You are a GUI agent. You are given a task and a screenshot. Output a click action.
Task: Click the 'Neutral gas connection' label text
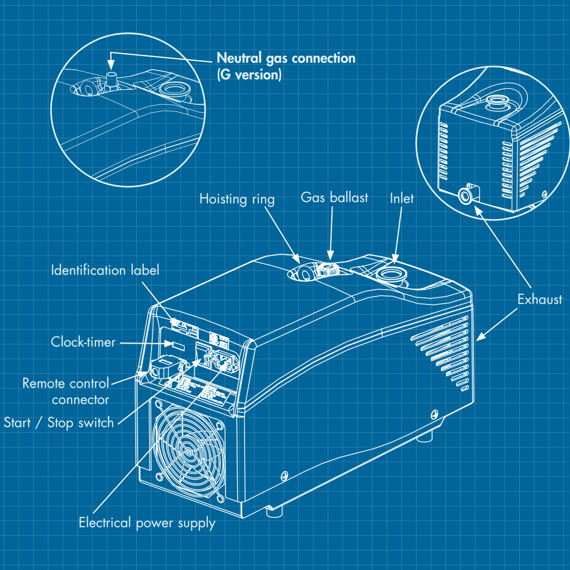click(x=285, y=58)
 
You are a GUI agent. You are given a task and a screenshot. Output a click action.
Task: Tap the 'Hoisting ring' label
click(x=237, y=199)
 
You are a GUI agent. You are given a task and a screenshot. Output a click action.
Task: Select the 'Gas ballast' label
click(x=334, y=197)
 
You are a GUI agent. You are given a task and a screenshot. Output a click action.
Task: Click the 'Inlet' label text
click(x=401, y=198)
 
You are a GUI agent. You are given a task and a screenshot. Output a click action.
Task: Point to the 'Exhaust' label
click(x=539, y=299)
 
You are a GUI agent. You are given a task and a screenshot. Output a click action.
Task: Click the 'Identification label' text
click(x=105, y=270)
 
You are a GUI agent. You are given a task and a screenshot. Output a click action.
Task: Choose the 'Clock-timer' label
click(x=83, y=342)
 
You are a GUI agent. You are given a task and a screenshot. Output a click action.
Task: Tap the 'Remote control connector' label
click(x=66, y=391)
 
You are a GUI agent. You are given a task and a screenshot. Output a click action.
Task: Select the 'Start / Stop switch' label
click(x=59, y=422)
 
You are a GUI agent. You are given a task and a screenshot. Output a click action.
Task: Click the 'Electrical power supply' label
click(x=147, y=522)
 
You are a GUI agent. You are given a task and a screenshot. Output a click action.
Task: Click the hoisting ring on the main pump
click(x=304, y=273)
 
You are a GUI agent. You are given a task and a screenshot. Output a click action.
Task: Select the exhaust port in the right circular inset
click(x=465, y=196)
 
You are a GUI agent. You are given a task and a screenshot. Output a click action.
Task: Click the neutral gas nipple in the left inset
click(x=112, y=79)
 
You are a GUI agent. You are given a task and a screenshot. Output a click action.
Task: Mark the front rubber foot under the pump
click(x=274, y=512)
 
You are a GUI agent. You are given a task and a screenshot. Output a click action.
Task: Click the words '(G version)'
click(x=249, y=75)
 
